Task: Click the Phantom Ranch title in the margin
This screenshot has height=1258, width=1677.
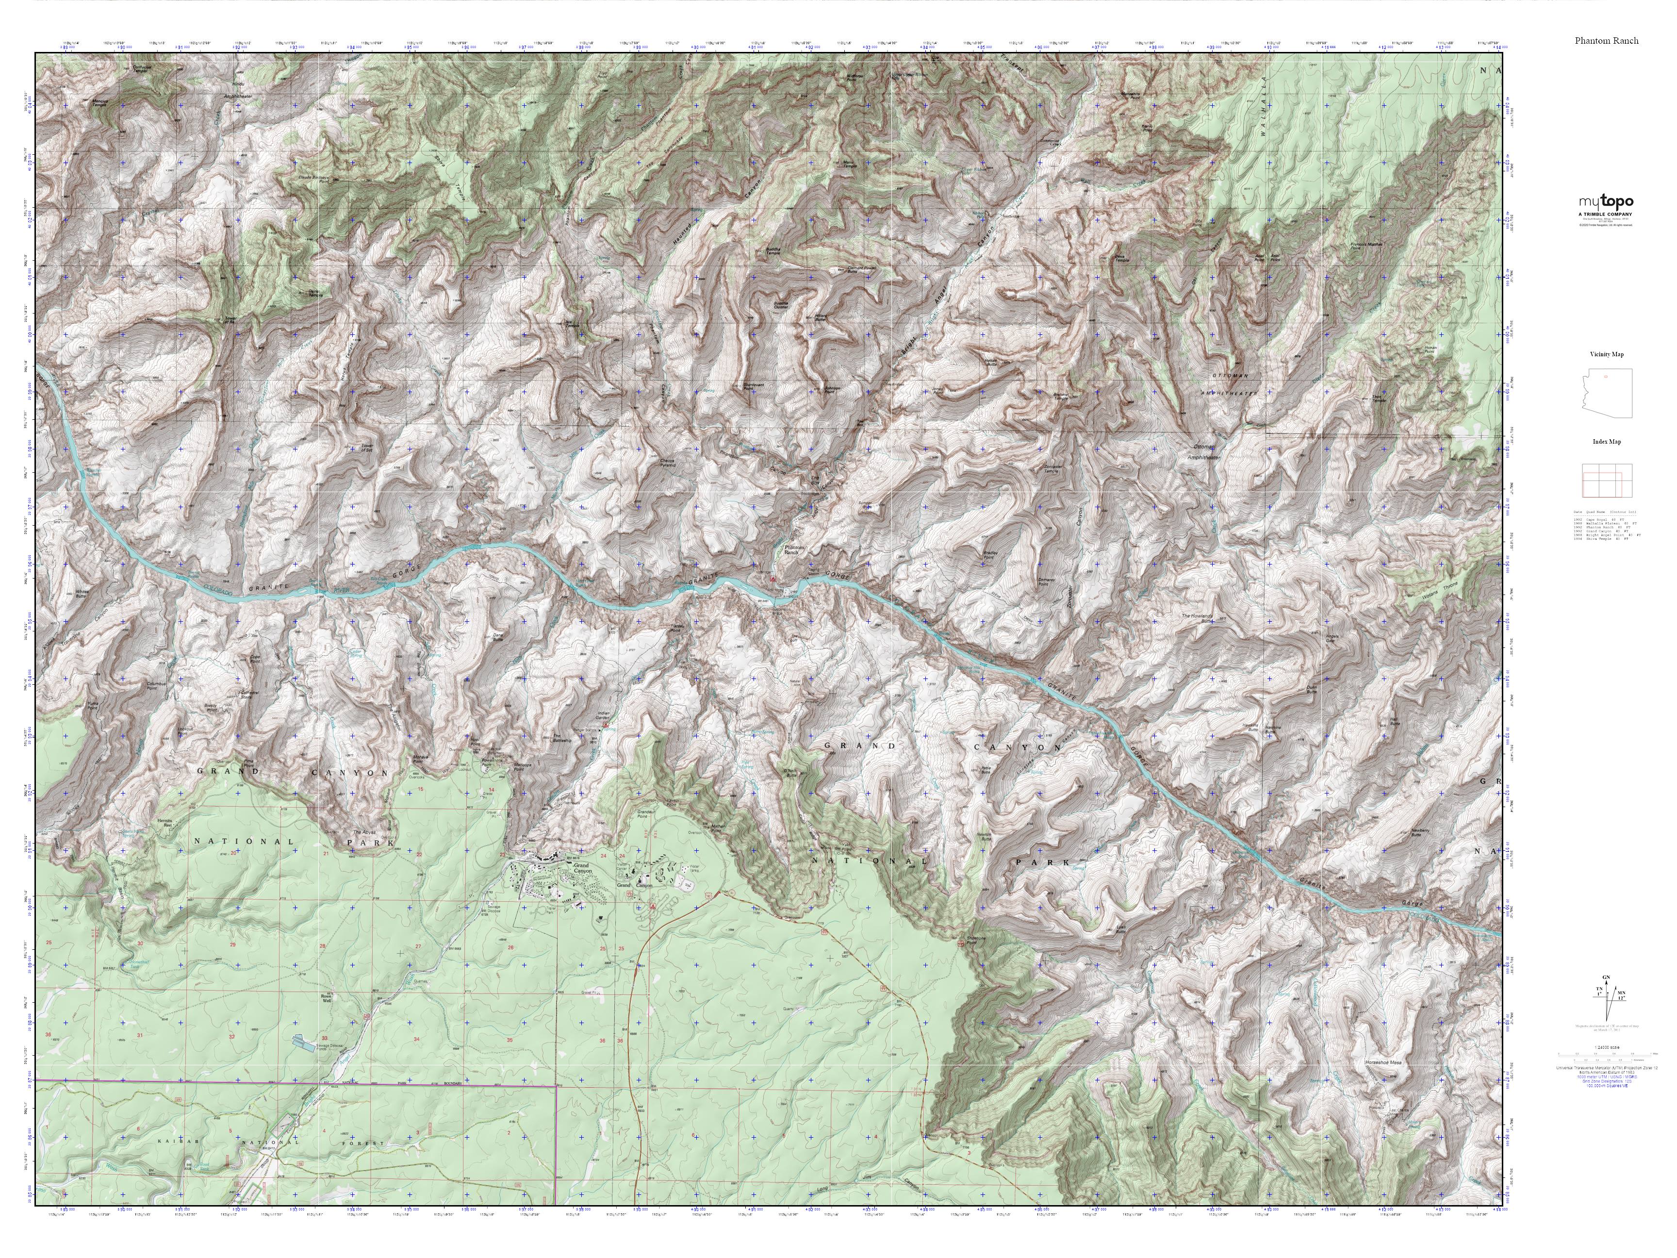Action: point(1606,41)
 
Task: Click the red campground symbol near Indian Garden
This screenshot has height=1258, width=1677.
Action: point(606,724)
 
